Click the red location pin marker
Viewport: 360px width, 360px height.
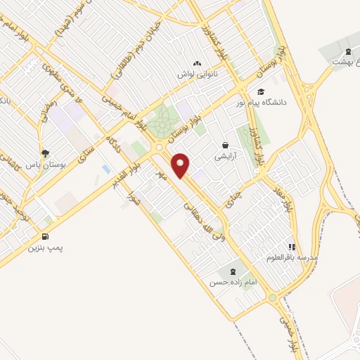[x=183, y=165]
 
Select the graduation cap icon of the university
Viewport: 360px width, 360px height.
[x=261, y=91]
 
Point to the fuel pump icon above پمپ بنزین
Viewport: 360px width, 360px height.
[x=46, y=237]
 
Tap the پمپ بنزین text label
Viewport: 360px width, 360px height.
[x=44, y=248]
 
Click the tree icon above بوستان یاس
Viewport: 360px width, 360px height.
[x=46, y=153]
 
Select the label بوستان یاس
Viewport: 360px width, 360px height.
[x=45, y=164]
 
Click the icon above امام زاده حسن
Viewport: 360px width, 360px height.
[x=231, y=271]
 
